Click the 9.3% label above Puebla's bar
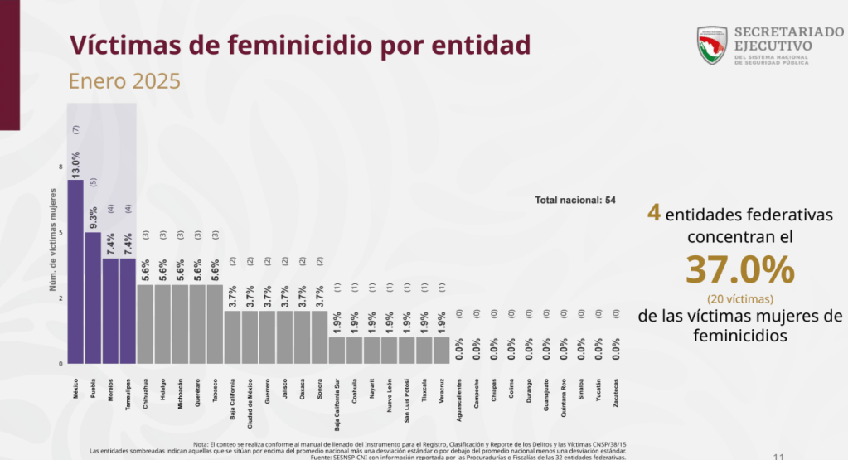[94, 216]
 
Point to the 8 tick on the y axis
[61, 167]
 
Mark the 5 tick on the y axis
[61, 233]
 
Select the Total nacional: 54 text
[575, 201]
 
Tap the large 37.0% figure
[739, 270]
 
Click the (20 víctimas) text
[740, 298]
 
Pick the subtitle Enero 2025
[124, 83]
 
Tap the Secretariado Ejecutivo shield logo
[711, 45]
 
